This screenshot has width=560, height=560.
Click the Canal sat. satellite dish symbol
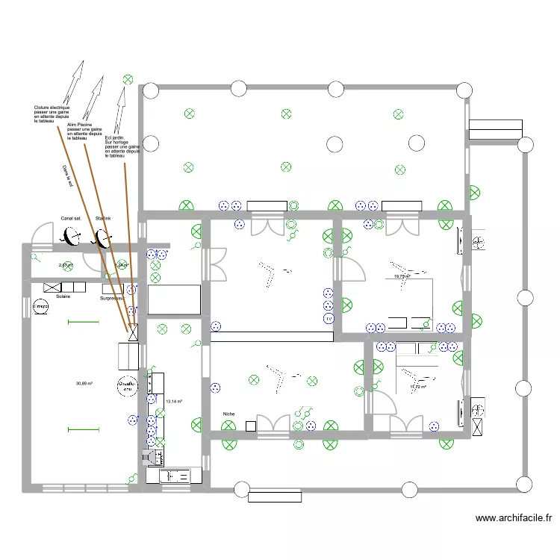click(72, 237)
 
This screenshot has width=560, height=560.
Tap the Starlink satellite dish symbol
click(102, 238)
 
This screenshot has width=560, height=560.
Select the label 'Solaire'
click(63, 296)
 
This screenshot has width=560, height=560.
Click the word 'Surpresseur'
click(112, 299)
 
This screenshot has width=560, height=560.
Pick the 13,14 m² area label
click(174, 402)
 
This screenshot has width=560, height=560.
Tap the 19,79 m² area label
click(402, 276)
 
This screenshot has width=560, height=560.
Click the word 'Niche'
click(228, 413)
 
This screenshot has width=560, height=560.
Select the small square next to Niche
click(251, 426)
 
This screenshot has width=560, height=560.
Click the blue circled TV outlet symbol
click(328, 319)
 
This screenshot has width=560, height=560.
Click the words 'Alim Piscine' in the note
click(79, 125)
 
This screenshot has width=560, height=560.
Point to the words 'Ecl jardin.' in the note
click(114, 137)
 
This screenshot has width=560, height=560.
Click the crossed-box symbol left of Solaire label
click(52, 287)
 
